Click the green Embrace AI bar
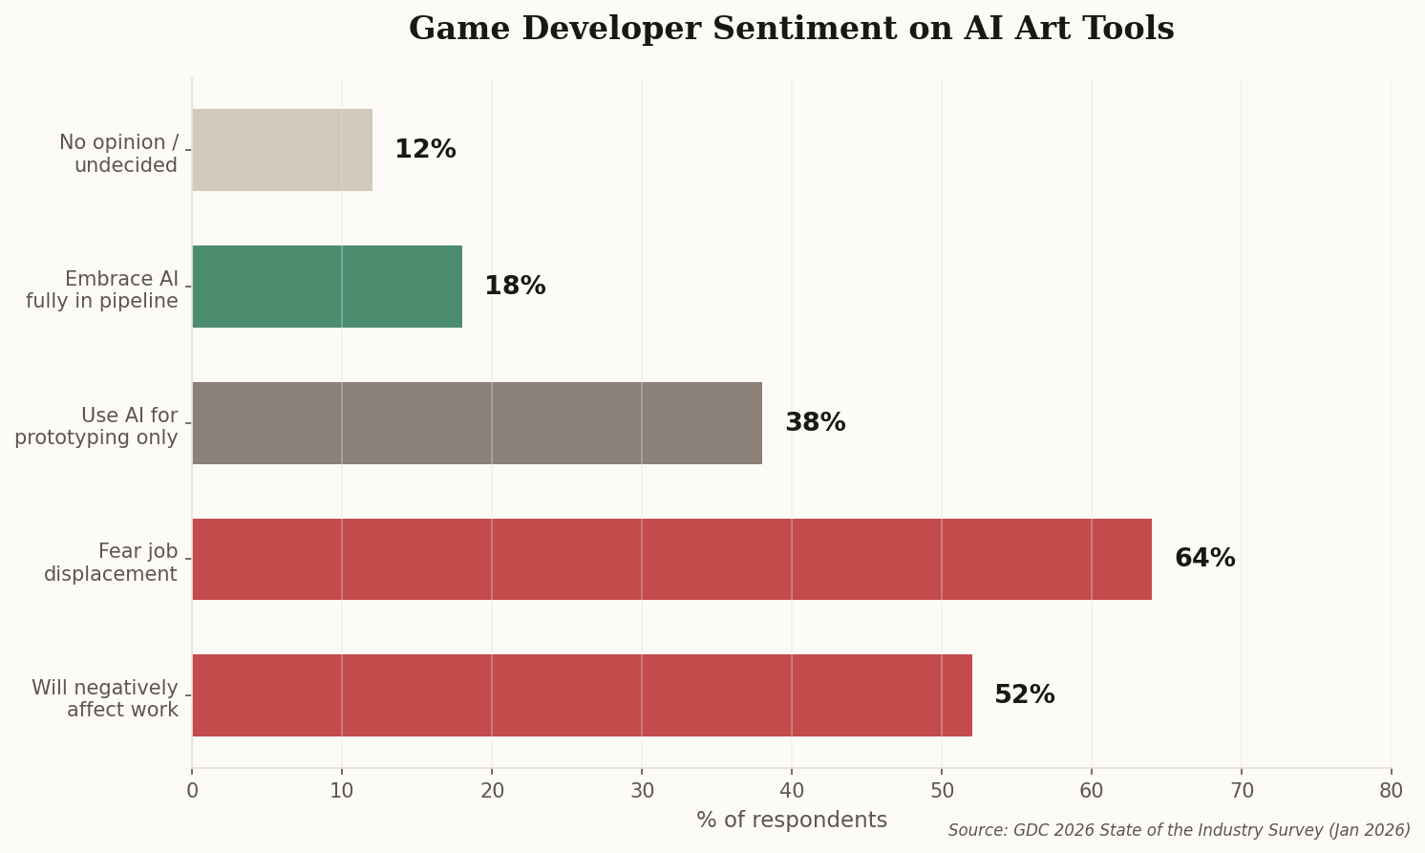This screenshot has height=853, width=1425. [x=327, y=287]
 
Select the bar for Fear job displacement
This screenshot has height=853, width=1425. [x=671, y=559]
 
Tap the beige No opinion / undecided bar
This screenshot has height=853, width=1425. [x=282, y=150]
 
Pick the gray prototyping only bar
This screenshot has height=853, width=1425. [x=477, y=423]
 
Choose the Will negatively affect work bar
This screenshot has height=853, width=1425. [x=582, y=695]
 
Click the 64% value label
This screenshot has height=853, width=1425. [x=1204, y=559]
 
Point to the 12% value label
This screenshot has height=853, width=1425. [x=425, y=150]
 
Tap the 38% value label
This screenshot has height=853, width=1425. [x=815, y=423]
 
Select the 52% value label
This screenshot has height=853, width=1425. [x=1024, y=695]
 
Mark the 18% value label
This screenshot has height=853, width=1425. [x=515, y=287]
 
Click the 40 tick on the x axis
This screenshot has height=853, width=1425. [x=792, y=791]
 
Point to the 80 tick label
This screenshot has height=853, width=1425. [x=1391, y=791]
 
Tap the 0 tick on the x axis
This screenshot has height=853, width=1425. [x=192, y=791]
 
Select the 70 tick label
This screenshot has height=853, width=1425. [x=1241, y=791]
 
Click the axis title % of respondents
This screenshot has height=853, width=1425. [x=791, y=820]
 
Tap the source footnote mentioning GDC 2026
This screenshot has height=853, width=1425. [x=1179, y=830]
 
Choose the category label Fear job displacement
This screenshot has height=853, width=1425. [x=111, y=563]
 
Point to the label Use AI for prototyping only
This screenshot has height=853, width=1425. [x=96, y=427]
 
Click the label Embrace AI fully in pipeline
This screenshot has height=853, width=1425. [x=102, y=290]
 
